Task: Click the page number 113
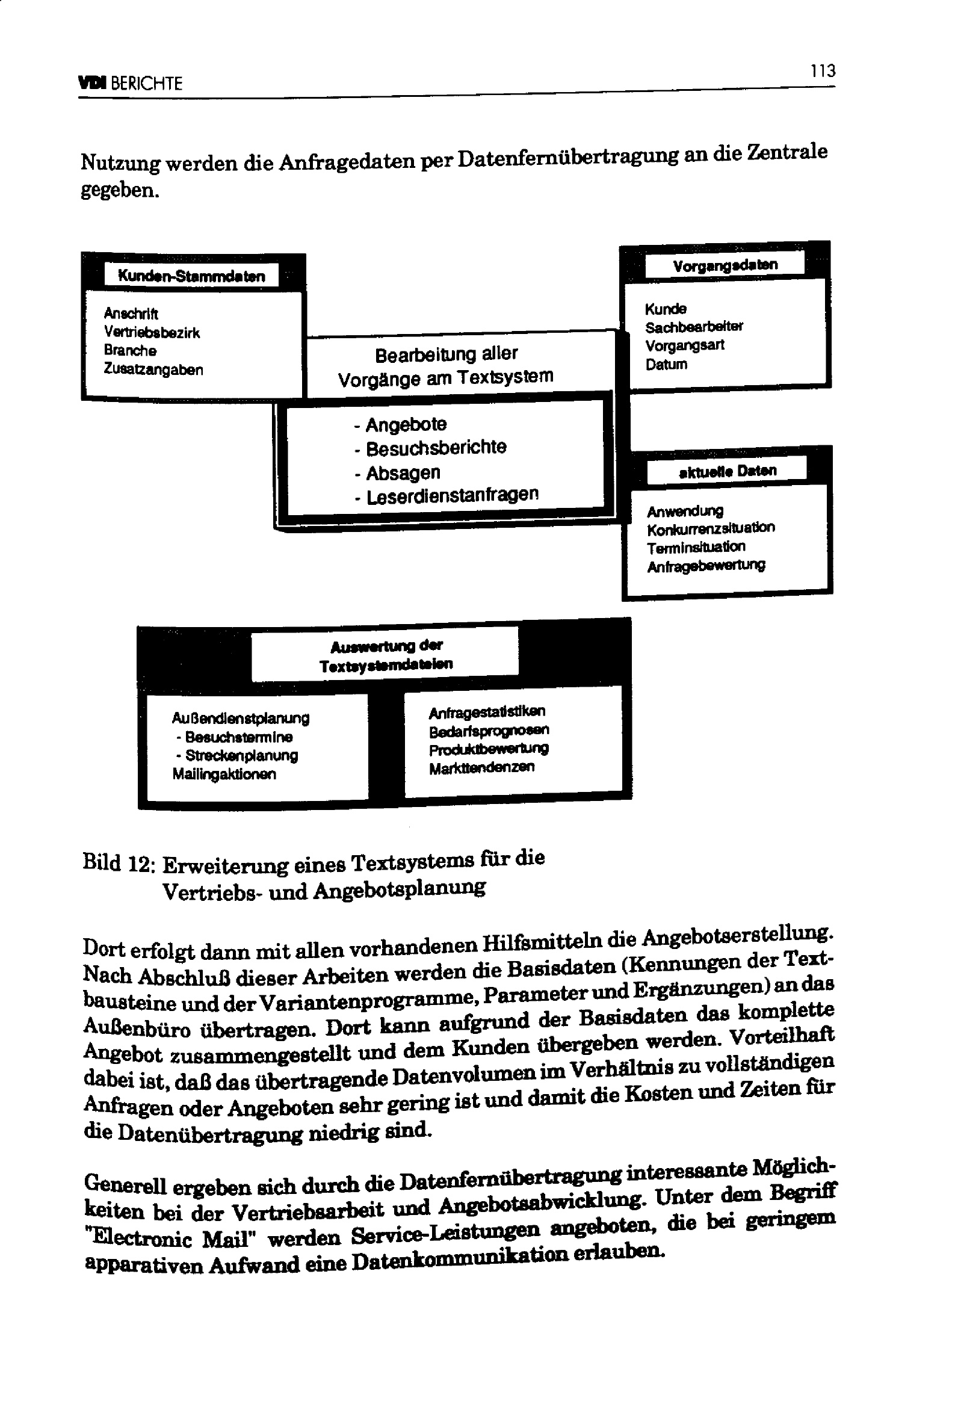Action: click(x=823, y=72)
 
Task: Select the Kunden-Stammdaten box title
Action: click(x=191, y=276)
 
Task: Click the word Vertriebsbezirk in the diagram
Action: click(x=152, y=332)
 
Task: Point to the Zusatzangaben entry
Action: click(x=153, y=370)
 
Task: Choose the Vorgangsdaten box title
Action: click(x=725, y=265)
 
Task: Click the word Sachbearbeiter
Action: click(x=694, y=327)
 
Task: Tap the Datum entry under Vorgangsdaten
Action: click(x=666, y=365)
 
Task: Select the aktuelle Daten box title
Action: click(x=728, y=471)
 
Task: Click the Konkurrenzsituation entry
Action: click(x=710, y=529)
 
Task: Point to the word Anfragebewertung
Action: click(x=706, y=566)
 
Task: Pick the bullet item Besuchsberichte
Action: click(x=436, y=448)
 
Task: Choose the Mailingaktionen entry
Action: click(x=224, y=775)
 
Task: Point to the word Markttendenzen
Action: click(x=481, y=768)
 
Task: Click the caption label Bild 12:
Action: click(x=120, y=864)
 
